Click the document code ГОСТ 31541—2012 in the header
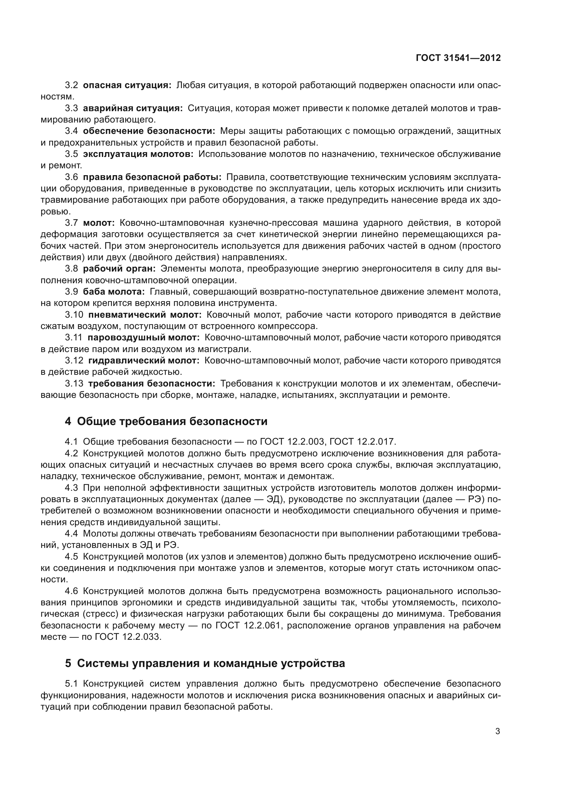coord(458,58)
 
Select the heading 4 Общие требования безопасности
coord(166,422)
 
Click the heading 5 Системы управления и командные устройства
coord(205,663)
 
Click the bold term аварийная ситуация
coord(133,108)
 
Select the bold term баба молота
coord(114,292)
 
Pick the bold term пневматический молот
coord(145,315)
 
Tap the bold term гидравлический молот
coord(144,360)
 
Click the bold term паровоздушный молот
coord(143,338)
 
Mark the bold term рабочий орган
coord(119,269)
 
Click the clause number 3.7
coord(72,223)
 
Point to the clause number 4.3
coord(72,488)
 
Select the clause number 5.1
coord(72,684)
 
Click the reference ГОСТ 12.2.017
coord(363,442)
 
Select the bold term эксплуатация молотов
coord(138,154)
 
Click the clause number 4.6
coord(72,591)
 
